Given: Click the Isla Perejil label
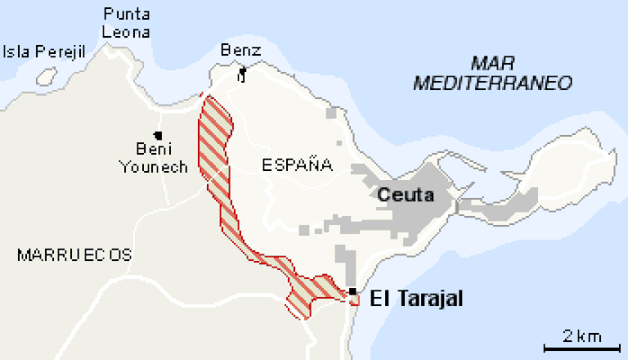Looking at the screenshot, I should tap(45, 52).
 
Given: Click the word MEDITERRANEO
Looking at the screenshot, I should tap(492, 83).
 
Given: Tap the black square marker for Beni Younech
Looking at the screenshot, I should tap(157, 135).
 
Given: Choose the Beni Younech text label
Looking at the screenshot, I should tap(154, 158).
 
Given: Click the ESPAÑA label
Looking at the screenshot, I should tap(297, 165).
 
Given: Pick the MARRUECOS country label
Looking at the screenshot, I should tap(74, 254).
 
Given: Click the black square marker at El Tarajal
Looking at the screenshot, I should tap(352, 291).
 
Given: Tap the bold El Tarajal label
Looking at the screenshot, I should tap(416, 299).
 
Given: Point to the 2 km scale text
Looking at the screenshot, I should tap(582, 336).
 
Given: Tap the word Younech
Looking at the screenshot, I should tap(154, 167).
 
